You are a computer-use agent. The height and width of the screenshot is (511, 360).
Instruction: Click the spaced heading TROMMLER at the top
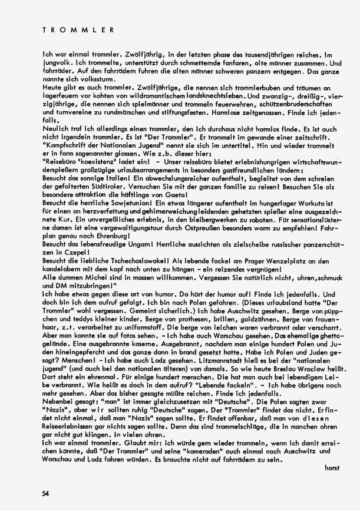click(x=78, y=28)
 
